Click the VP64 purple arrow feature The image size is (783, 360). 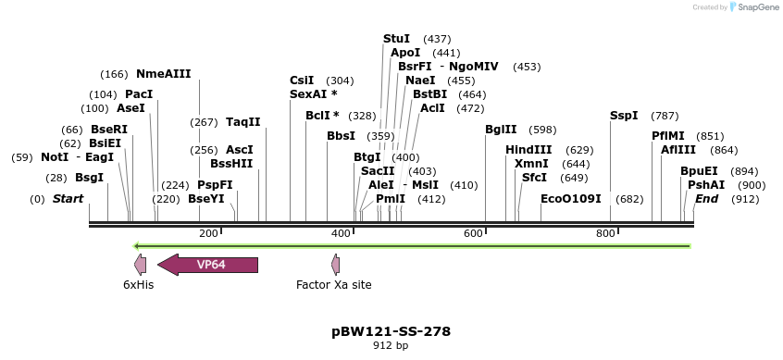point(208,265)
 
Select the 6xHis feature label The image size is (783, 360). point(138,285)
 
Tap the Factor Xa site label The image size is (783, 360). point(334,285)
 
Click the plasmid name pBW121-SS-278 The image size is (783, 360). point(391,330)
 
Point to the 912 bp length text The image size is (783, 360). point(391,346)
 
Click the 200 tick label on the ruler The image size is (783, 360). point(208,233)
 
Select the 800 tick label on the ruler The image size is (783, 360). point(605,233)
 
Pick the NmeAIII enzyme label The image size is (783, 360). point(163,74)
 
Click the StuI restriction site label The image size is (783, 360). point(396,39)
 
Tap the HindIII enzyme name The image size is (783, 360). point(528,150)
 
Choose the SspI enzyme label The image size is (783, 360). point(624,116)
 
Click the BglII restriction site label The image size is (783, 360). point(501,130)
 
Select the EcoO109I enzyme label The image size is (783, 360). point(571,199)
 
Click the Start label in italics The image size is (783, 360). point(68,199)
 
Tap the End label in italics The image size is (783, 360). point(706,199)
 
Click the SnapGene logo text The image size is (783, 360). point(757,7)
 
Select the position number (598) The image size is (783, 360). point(543,130)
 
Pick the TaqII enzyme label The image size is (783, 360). point(243,122)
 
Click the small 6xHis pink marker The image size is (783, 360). point(140,265)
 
